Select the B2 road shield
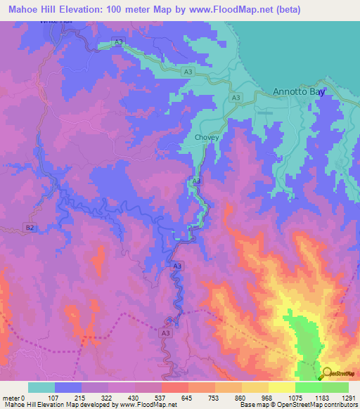[x=30, y=227]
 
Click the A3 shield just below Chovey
[x=197, y=181]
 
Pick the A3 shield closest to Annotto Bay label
[x=236, y=98]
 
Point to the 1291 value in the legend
[x=348, y=398]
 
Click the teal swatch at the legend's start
[x=41, y=387]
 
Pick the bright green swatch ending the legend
[x=335, y=387]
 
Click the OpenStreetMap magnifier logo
[x=327, y=374]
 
